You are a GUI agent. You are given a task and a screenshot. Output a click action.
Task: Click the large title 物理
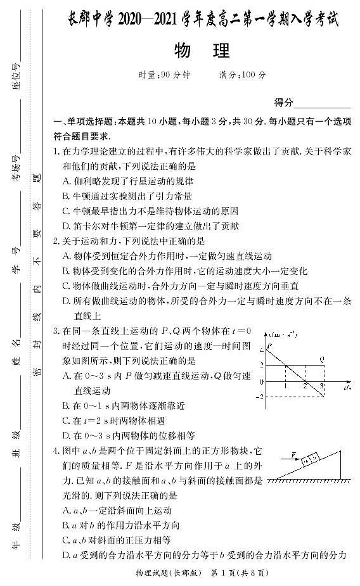coord(200,51)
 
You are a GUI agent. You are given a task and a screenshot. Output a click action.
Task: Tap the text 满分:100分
coord(242,75)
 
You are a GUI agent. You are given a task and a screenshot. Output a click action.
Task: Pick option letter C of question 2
coord(67,286)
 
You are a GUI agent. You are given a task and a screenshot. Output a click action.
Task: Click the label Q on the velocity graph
coord(323,359)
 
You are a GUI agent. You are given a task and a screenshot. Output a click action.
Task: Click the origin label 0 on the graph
coord(262,381)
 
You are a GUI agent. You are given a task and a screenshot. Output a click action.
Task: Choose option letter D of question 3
coord(67,435)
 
